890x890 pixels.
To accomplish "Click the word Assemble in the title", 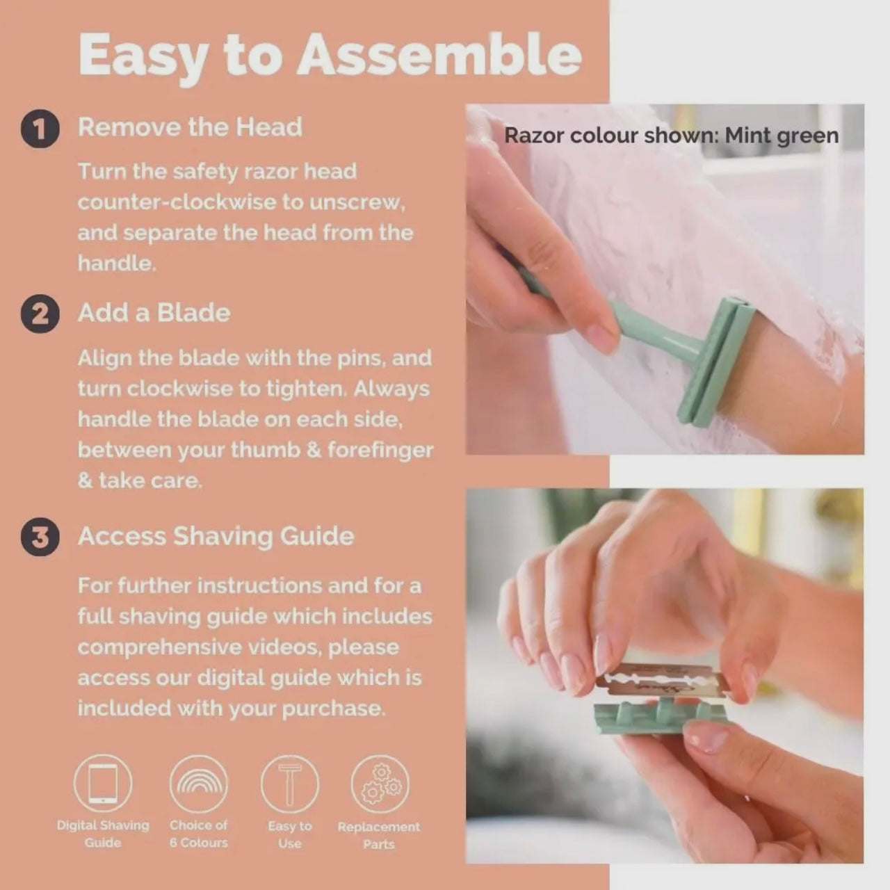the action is (x=439, y=54).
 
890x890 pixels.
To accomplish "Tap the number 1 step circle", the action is (x=40, y=129).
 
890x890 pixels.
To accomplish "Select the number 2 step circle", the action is (x=40, y=314).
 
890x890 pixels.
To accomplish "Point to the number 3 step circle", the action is (x=40, y=537).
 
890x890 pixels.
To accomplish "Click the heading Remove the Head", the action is (x=190, y=127).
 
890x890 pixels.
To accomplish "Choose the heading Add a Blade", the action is (x=154, y=313).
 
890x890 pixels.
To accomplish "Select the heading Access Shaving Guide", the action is (x=216, y=536).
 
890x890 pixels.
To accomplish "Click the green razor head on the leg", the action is (x=717, y=364).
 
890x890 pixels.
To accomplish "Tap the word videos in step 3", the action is (x=284, y=647).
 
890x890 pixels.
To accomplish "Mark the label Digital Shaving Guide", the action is (x=103, y=834).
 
